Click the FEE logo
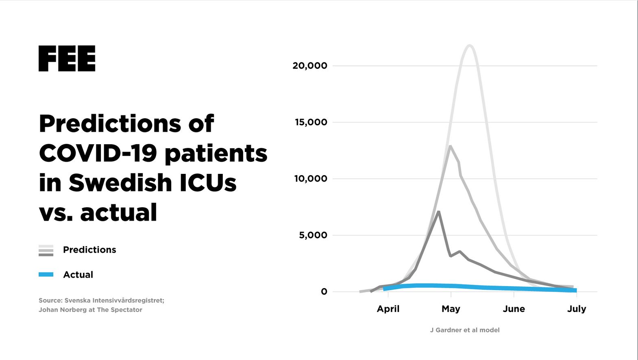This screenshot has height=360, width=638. click(x=67, y=59)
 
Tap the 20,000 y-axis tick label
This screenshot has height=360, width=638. click(x=309, y=66)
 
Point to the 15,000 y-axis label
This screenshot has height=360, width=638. click(x=311, y=122)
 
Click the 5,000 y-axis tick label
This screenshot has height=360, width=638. click(x=313, y=235)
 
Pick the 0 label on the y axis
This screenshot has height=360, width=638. click(x=324, y=292)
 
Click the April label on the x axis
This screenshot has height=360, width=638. click(x=388, y=309)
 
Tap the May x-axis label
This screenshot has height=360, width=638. click(x=451, y=309)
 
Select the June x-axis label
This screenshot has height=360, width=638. click(x=514, y=309)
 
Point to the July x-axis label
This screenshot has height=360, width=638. click(x=577, y=309)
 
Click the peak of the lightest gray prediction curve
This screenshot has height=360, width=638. click(x=470, y=46)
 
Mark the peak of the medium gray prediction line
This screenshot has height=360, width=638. click(x=450, y=146)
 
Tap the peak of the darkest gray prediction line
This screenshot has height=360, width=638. click(x=438, y=212)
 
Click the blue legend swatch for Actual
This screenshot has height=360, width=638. click(x=46, y=275)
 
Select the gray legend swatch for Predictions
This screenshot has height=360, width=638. click(x=46, y=250)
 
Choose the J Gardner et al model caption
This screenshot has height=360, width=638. click(x=465, y=330)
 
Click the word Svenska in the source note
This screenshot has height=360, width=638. click(x=77, y=301)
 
